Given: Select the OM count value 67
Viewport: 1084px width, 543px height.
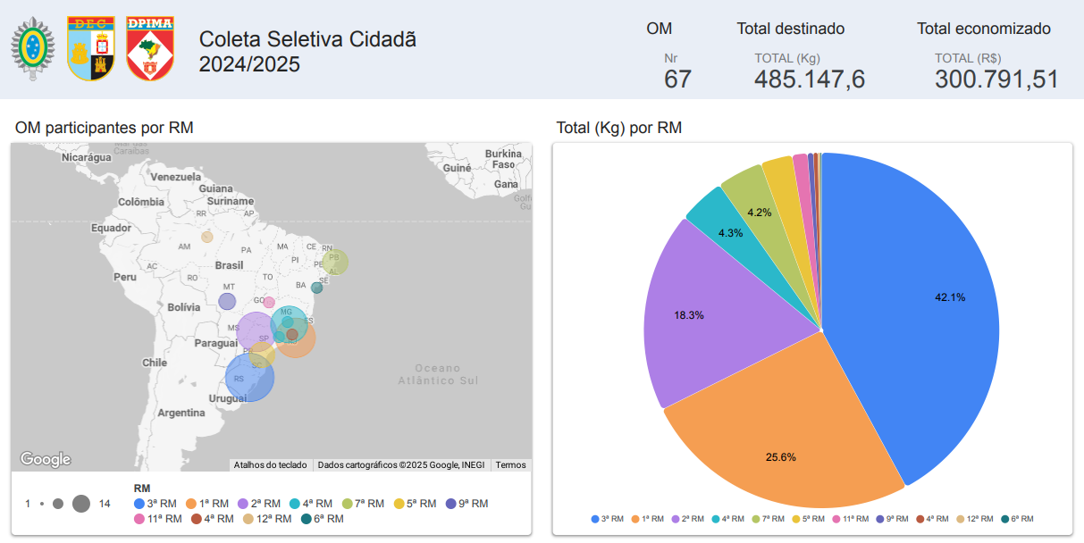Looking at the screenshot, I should click(x=677, y=79).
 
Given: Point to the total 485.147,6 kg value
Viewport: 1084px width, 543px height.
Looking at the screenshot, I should click(x=810, y=79).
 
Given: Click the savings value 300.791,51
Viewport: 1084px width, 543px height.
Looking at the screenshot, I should click(x=996, y=79).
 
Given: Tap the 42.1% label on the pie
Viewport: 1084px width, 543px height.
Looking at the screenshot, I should click(x=950, y=297).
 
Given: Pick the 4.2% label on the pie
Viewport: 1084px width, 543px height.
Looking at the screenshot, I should click(x=759, y=213).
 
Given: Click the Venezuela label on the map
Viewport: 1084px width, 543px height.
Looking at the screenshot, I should click(x=176, y=177).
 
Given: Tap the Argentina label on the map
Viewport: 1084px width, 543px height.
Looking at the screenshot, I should click(x=181, y=413).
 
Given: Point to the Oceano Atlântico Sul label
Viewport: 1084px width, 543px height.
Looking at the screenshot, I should click(x=438, y=374).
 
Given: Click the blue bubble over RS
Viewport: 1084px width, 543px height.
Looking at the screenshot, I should click(x=249, y=379).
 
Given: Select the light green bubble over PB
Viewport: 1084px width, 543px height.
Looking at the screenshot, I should click(x=335, y=262).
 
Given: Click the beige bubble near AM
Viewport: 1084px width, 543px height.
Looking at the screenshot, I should click(x=207, y=237).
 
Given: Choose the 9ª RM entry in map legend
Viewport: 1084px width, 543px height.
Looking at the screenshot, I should click(x=466, y=504).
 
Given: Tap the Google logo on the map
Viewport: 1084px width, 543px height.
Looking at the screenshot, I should click(x=46, y=459).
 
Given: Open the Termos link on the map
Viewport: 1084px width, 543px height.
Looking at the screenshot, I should click(x=511, y=464).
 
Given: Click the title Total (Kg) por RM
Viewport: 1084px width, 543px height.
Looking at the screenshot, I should click(x=618, y=128).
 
